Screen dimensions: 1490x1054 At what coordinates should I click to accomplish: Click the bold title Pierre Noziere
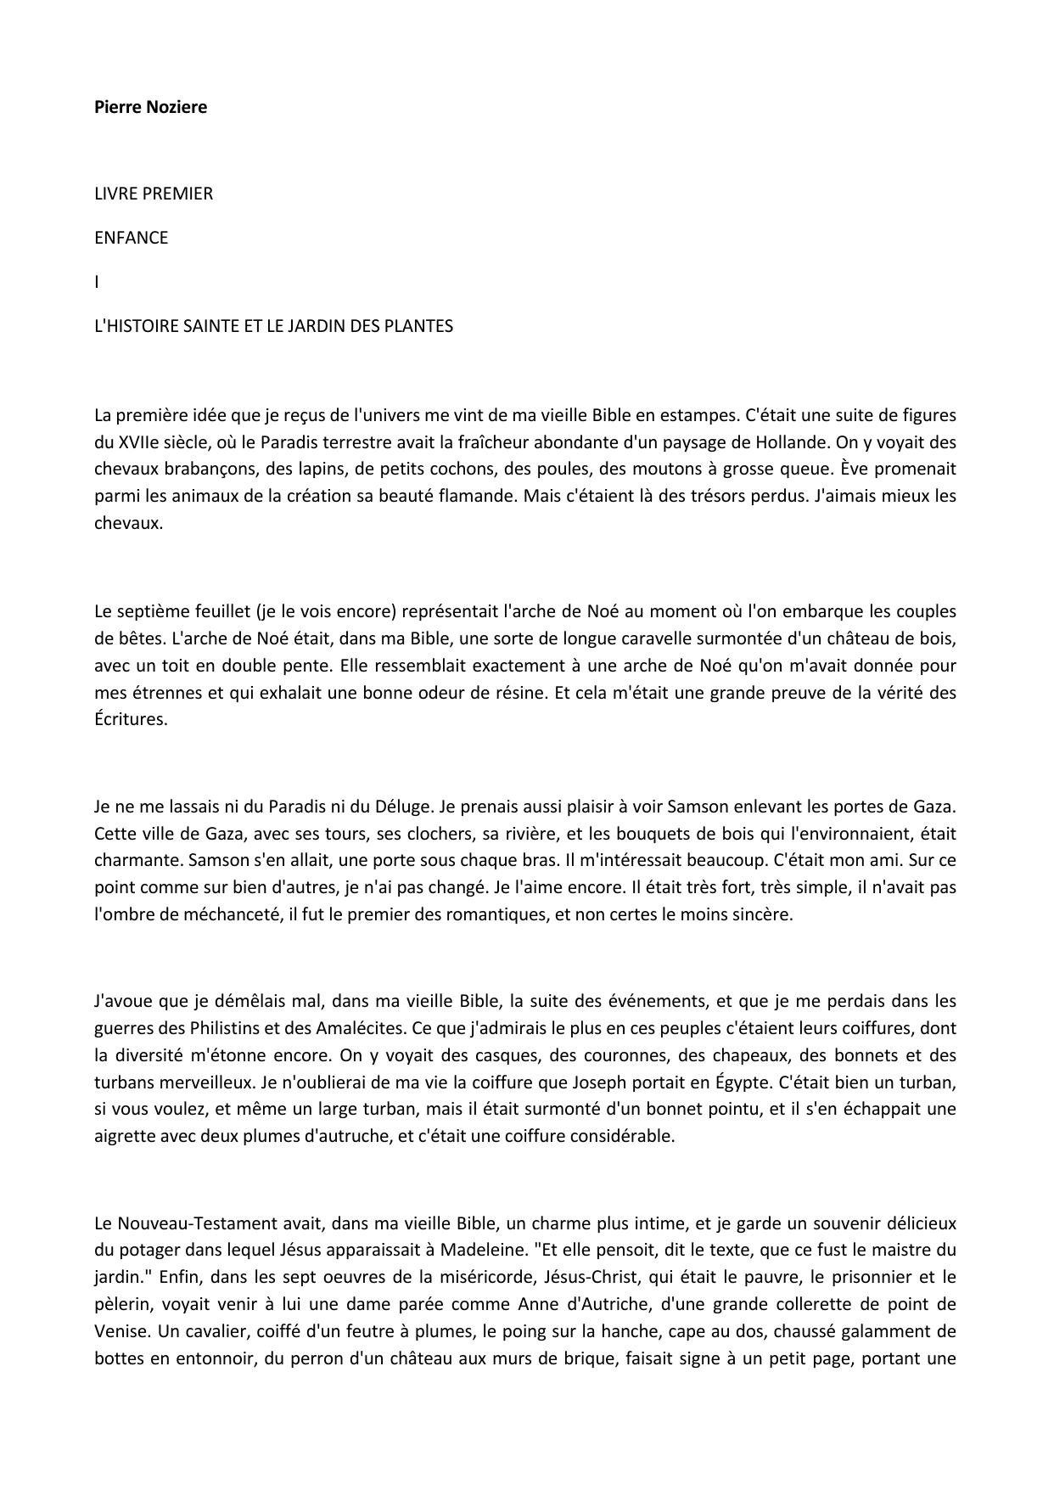click(150, 107)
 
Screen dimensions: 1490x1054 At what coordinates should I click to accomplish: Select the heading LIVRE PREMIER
click(154, 194)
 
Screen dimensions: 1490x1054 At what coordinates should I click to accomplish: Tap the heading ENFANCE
click(132, 238)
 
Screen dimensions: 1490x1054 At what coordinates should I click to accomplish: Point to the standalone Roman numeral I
click(97, 282)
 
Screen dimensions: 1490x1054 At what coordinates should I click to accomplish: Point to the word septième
click(152, 611)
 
